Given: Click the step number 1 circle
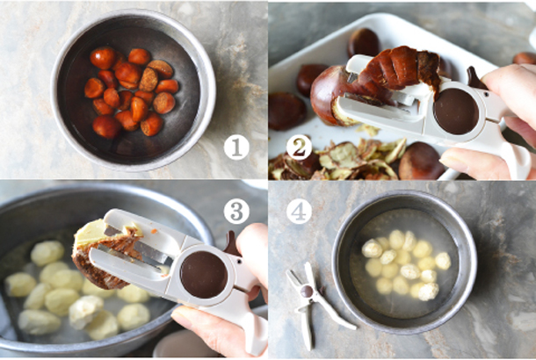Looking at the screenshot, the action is [x=236, y=148].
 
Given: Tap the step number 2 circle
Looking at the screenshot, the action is [x=299, y=148].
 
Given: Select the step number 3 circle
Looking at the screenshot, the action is [x=236, y=212].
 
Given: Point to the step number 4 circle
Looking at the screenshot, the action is [x=299, y=212].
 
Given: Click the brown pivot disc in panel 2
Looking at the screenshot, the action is [x=456, y=112].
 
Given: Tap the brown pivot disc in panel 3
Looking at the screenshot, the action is [x=204, y=274].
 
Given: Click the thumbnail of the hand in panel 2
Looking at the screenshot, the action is [x=453, y=162].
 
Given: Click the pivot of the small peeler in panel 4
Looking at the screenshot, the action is [x=307, y=291].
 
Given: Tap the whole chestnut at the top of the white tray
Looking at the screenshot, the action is [x=364, y=42].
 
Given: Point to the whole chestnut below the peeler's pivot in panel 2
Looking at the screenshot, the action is [x=421, y=161].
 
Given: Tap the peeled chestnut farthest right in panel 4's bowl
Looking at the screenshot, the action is [x=443, y=261].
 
